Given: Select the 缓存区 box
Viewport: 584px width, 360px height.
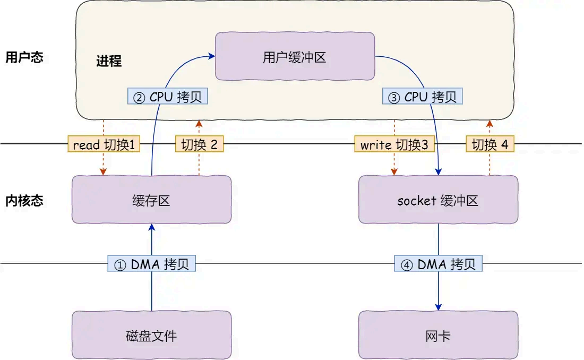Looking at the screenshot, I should (x=151, y=200).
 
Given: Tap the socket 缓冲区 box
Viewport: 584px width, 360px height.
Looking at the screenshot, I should (x=438, y=200).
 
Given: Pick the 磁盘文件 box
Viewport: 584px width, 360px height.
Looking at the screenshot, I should (x=151, y=335).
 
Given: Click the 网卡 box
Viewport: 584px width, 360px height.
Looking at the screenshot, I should (x=438, y=335).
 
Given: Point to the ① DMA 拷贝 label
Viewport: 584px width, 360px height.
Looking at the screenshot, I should (x=152, y=264).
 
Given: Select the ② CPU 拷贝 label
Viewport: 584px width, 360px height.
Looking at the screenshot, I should (x=168, y=97).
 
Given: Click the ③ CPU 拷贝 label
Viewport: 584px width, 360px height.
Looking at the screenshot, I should (x=423, y=97).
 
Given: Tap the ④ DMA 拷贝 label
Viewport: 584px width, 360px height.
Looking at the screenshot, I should (x=439, y=264).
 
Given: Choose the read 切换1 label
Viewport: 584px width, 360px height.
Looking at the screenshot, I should (x=104, y=144).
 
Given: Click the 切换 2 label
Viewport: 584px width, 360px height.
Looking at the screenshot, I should (x=199, y=144).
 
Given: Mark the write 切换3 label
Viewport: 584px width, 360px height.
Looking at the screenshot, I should (x=394, y=144).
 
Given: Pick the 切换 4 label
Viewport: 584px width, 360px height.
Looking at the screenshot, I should (x=490, y=144).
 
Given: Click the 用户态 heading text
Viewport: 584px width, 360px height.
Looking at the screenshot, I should (x=24, y=57).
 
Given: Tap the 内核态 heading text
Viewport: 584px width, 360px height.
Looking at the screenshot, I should (x=24, y=200).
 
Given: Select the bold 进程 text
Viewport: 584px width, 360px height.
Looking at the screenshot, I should (x=109, y=61).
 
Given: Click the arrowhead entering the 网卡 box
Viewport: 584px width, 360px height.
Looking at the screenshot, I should (x=439, y=307).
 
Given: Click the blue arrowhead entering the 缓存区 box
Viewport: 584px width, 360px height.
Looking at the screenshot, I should (x=152, y=227).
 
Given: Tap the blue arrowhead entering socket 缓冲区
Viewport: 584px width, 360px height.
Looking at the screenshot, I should (x=439, y=172).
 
